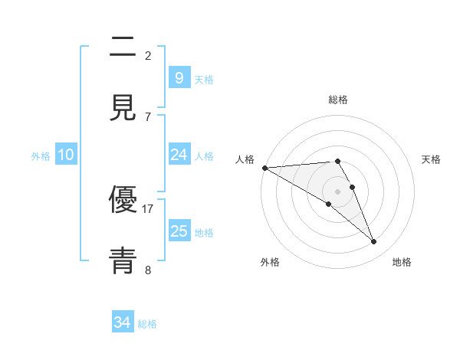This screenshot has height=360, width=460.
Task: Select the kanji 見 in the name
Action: tap(123, 108)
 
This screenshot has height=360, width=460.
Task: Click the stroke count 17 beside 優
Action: tap(148, 208)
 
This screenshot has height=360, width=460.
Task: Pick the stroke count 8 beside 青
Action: tap(148, 270)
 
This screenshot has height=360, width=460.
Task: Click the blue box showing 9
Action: tap(179, 77)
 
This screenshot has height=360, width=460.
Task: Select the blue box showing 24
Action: tap(179, 155)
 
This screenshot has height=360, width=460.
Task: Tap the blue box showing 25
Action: tap(179, 231)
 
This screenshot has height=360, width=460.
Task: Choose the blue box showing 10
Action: tap(66, 155)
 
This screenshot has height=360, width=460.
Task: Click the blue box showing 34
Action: tap(123, 322)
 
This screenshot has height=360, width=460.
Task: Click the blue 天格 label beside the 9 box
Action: tap(204, 79)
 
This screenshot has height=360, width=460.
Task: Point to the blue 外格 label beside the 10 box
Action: tap(41, 155)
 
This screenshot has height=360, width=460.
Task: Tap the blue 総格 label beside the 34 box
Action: tap(147, 324)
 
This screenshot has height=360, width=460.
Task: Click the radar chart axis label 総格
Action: tap(338, 100)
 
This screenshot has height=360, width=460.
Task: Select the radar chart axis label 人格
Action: tap(245, 159)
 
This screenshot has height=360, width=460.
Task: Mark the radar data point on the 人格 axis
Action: tap(264, 168)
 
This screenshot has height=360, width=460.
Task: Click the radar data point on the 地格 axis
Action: tap(374, 242)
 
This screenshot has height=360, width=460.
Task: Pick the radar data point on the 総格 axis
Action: tap(337, 161)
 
